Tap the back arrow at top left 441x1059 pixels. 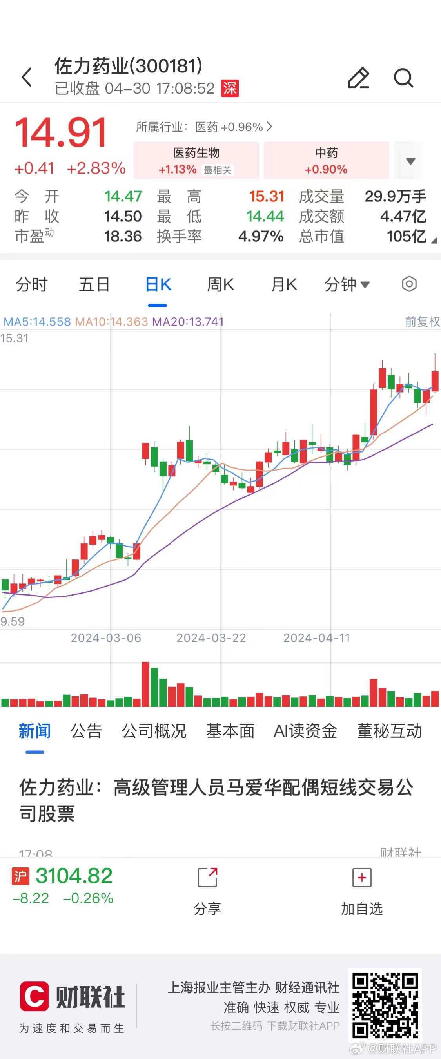point(27,77)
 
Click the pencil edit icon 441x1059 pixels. point(358,78)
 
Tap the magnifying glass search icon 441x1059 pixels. point(403,78)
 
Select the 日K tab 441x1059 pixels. point(158,284)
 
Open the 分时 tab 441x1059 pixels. point(32,284)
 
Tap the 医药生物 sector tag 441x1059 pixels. point(196,160)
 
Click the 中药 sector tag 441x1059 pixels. point(326,160)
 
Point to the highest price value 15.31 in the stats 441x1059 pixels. point(267,197)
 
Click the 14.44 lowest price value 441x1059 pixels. point(265,216)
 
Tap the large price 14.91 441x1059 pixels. point(61,132)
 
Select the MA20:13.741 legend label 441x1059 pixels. point(188,322)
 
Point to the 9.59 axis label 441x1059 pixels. point(13,621)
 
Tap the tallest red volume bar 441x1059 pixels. point(145,684)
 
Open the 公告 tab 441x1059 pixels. point(86,731)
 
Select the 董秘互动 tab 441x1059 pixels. point(390,731)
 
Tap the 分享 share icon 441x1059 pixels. point(207,878)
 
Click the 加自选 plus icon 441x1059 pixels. point(361,878)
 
